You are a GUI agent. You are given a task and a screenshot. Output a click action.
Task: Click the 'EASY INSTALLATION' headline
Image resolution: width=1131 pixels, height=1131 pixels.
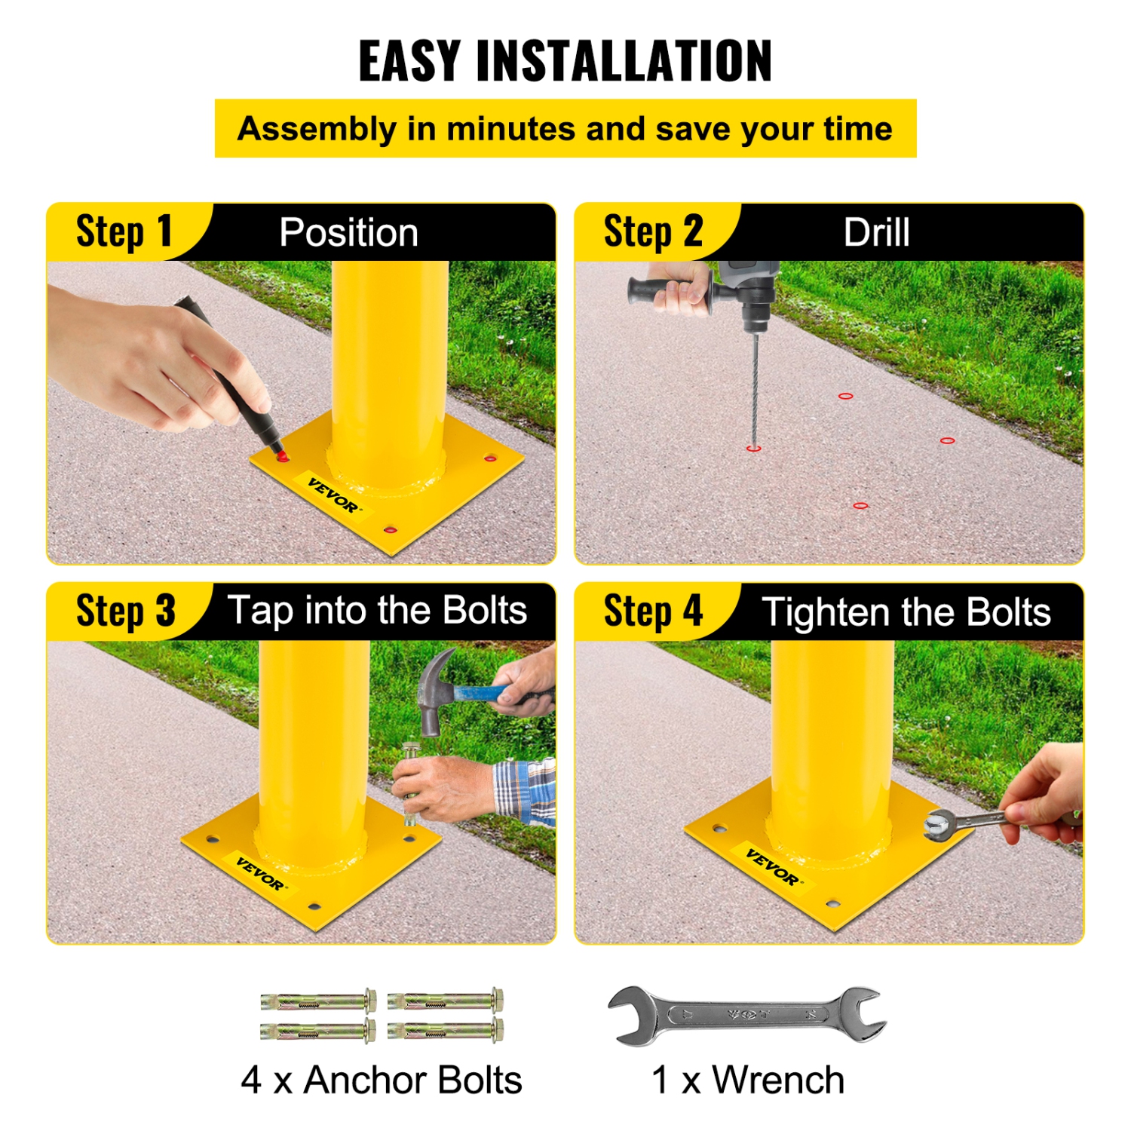pyautogui.click(x=565, y=61)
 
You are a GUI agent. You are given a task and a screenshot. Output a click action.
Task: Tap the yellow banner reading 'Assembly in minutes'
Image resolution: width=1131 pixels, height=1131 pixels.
pyautogui.click(x=565, y=129)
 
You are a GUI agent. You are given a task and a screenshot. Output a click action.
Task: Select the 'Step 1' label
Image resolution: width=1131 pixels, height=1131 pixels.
pyautogui.click(x=124, y=231)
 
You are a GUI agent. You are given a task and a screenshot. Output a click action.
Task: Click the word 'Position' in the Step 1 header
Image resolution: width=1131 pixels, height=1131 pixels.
pyautogui.click(x=348, y=232)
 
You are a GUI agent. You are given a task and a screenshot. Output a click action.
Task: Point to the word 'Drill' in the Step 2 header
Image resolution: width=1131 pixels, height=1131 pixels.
pyautogui.click(x=876, y=232)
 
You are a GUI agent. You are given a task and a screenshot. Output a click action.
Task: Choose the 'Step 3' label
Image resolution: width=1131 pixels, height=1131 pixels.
pyautogui.click(x=125, y=611)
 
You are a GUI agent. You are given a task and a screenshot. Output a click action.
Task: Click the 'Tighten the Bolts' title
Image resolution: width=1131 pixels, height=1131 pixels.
pyautogui.click(x=906, y=611)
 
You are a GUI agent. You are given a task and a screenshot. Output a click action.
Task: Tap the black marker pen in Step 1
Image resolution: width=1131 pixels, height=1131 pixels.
pyautogui.click(x=234, y=377)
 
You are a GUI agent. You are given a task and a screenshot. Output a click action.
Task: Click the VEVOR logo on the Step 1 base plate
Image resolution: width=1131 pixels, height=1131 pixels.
pyautogui.click(x=334, y=495)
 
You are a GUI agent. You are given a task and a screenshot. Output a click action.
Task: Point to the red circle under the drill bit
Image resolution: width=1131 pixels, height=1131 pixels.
pyautogui.click(x=753, y=449)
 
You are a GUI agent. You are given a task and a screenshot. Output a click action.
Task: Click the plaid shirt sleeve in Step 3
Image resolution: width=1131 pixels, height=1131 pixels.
pyautogui.click(x=526, y=792)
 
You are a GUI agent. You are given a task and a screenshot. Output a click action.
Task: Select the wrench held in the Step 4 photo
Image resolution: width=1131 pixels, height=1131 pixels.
pyautogui.click(x=973, y=822)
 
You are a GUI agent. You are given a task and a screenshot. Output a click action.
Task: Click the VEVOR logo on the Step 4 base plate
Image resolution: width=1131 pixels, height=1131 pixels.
pyautogui.click(x=772, y=867)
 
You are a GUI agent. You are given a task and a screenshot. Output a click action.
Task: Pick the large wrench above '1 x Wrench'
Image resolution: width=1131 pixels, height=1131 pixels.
pyautogui.click(x=746, y=1015)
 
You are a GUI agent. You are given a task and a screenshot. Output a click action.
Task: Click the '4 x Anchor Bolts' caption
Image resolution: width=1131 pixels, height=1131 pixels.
pyautogui.click(x=382, y=1080)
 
